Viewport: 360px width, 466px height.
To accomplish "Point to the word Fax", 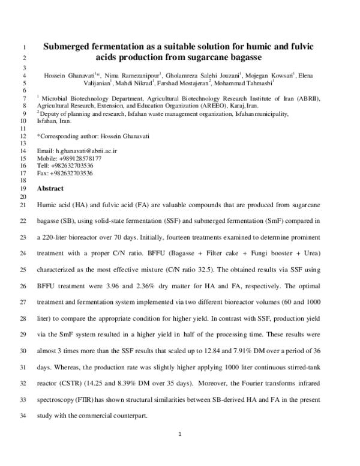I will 43,172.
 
